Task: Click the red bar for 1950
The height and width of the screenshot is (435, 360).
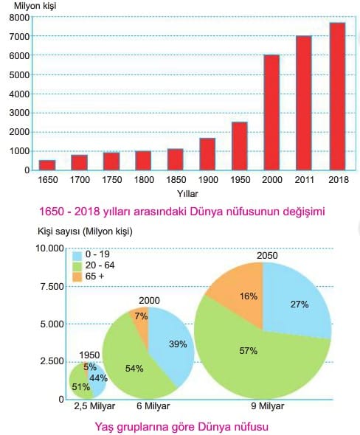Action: click(x=240, y=146)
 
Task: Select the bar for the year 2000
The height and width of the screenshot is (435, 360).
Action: click(x=271, y=112)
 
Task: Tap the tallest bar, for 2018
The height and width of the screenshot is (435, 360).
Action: click(x=337, y=97)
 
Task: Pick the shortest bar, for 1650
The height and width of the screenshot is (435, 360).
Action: click(x=47, y=165)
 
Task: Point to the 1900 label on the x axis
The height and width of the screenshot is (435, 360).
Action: click(x=208, y=180)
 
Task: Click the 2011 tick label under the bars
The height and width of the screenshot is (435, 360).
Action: click(x=304, y=180)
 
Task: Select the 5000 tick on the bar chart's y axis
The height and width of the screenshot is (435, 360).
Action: click(x=19, y=75)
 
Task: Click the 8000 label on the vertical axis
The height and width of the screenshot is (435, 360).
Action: click(x=19, y=18)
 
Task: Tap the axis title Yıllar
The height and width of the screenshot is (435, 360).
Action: click(x=187, y=194)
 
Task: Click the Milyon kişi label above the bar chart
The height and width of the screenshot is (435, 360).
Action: click(x=35, y=6)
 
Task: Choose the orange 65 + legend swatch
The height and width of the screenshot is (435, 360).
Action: click(x=77, y=277)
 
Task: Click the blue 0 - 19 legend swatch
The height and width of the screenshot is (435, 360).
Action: click(x=77, y=255)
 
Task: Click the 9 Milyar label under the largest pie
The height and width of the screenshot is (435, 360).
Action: click(x=268, y=406)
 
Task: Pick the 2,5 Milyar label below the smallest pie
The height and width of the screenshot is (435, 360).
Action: click(x=94, y=406)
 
